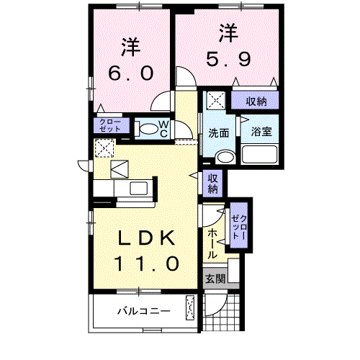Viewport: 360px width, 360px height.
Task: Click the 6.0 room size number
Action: (130, 73)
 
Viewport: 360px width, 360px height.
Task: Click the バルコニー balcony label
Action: (144, 311)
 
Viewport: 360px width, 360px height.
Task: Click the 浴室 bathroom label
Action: (260, 132)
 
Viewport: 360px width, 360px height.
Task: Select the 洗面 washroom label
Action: (219, 132)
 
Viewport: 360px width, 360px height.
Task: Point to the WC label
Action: (163, 128)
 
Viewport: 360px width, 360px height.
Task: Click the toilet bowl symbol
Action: (146, 129)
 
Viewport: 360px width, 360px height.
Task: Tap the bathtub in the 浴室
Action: (260, 155)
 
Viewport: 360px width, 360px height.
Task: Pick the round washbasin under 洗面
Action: (225, 157)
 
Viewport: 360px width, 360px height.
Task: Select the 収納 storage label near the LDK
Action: (214, 184)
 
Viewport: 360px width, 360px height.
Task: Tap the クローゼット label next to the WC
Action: (110, 125)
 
